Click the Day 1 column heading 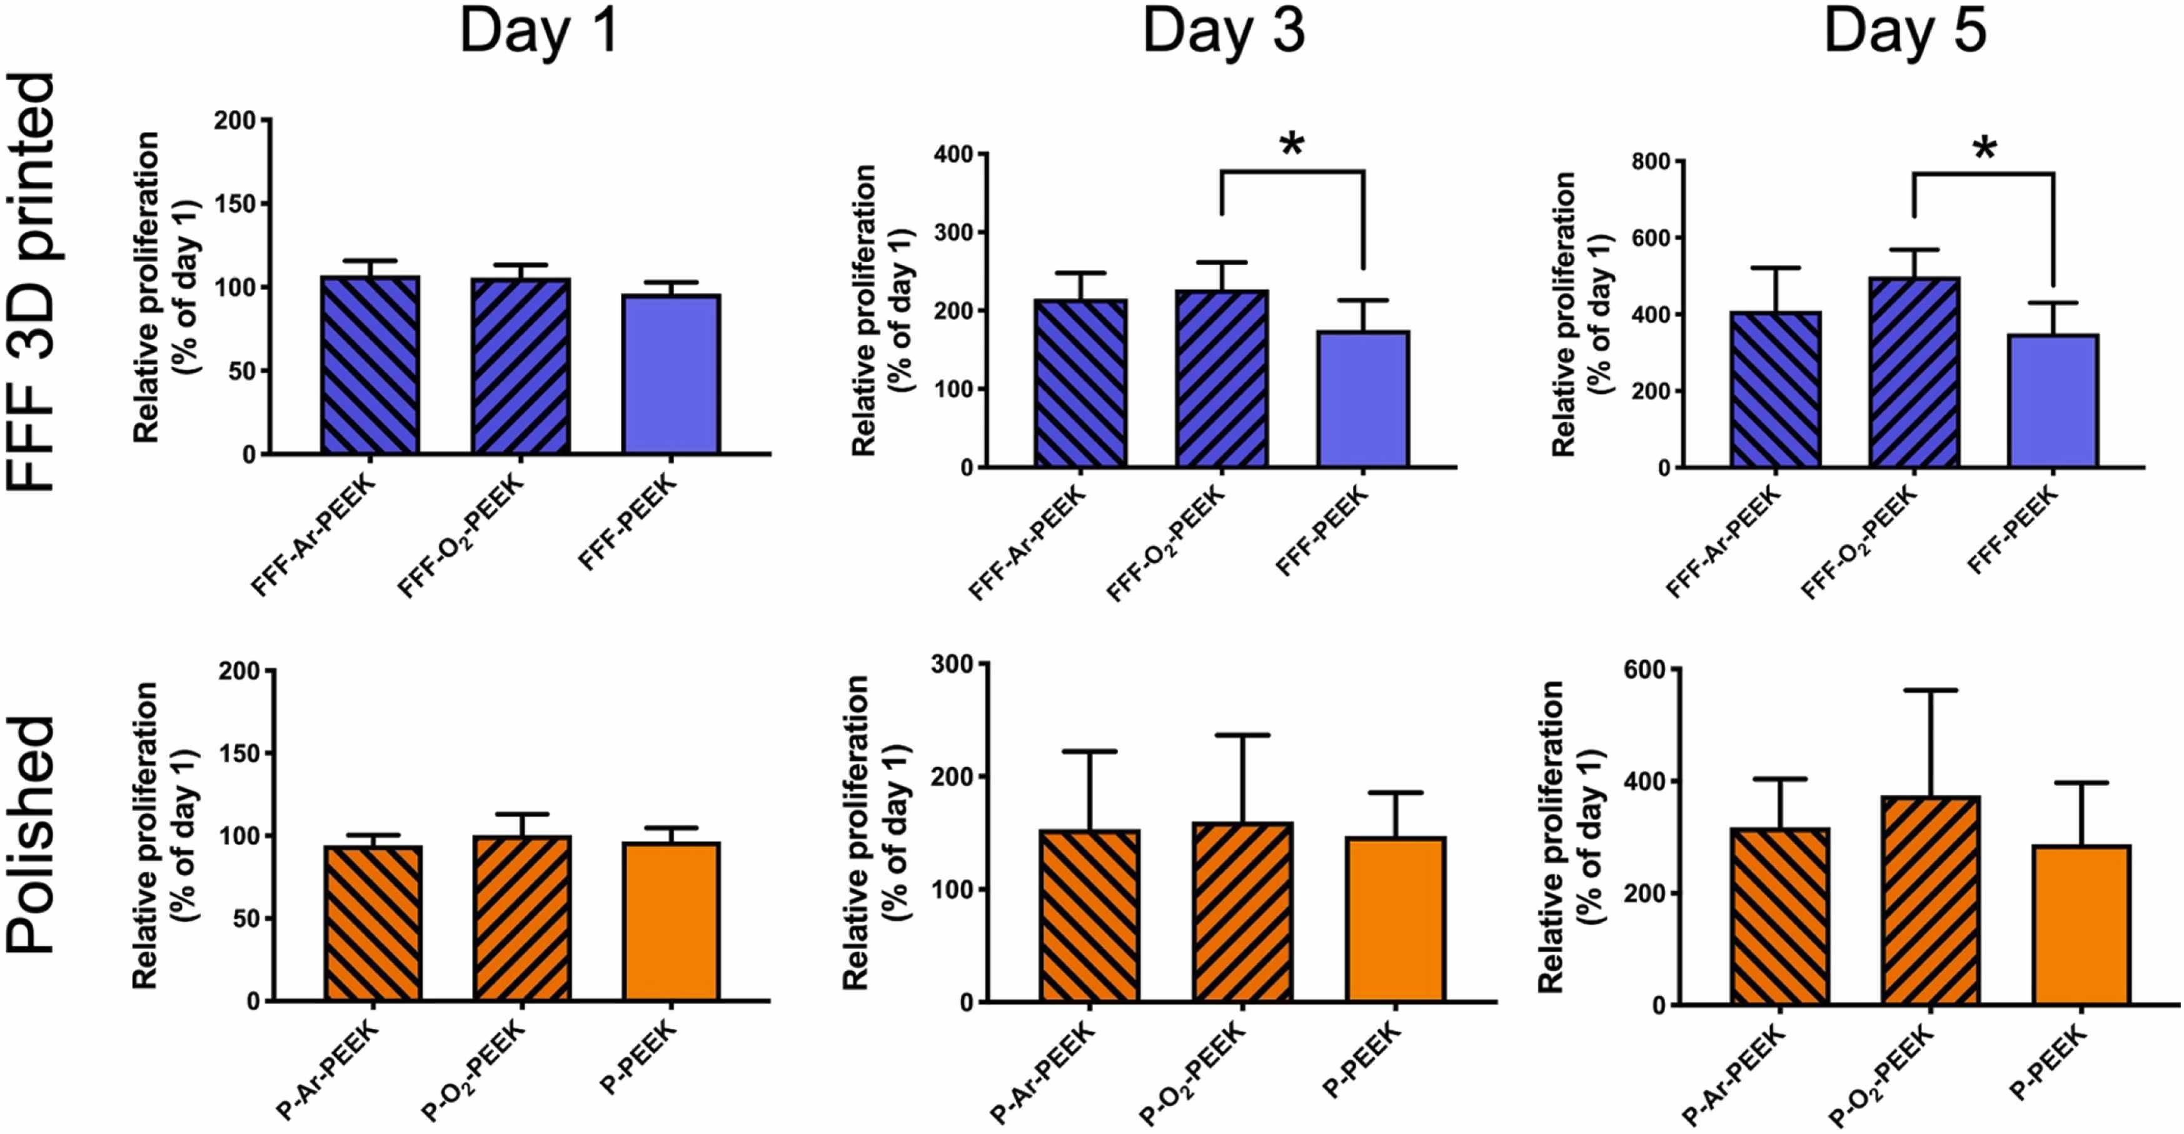[538, 33]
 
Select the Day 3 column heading [1224, 33]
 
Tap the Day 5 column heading [1905, 33]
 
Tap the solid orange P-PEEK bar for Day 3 [1396, 920]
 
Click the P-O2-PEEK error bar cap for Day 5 [1930, 691]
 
